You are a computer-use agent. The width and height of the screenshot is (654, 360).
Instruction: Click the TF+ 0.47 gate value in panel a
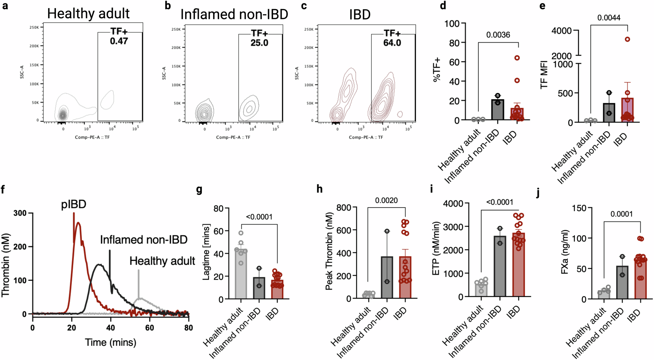pos(119,41)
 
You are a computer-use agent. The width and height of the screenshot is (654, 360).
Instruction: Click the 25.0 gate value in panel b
pos(259,43)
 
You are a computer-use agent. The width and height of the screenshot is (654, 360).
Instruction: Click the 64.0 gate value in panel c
pos(392,43)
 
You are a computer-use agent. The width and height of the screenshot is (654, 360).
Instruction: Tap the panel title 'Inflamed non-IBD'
pos(234,14)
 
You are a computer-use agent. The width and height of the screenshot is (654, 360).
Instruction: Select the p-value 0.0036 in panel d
pos(498,35)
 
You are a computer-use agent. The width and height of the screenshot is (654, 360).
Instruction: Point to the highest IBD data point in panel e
pos(627,39)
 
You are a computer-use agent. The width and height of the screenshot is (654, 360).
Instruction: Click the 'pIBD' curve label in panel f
pos(74,204)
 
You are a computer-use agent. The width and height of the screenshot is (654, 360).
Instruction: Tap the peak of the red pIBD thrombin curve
pos(78,223)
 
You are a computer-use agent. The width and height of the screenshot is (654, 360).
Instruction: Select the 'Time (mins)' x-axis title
pos(111,342)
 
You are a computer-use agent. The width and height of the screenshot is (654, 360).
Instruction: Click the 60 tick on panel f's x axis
pos(149,328)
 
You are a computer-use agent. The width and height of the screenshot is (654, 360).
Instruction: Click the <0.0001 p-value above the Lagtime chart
pos(259,217)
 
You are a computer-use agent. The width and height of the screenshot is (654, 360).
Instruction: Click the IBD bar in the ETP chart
pos(519,265)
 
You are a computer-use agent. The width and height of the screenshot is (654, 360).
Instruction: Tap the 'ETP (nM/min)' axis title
pos(436,249)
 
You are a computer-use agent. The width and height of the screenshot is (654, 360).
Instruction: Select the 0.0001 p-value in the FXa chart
pos(621,214)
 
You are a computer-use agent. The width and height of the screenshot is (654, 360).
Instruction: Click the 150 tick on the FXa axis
pos(579,208)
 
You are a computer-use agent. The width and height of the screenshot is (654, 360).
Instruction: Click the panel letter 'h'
pos(319,189)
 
